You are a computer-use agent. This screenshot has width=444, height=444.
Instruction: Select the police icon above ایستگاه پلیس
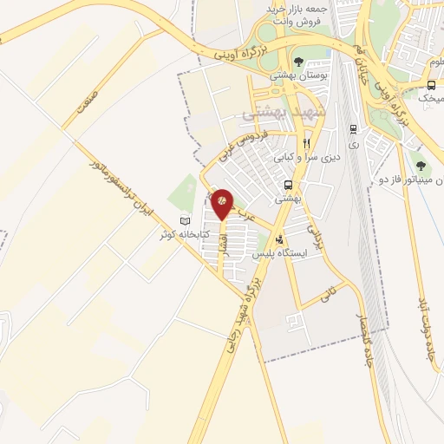point(278,239)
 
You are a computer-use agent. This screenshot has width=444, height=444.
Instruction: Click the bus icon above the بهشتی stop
point(288,186)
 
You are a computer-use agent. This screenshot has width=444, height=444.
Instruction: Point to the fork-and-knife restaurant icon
point(305,143)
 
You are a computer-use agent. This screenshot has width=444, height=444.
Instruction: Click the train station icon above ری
point(353,129)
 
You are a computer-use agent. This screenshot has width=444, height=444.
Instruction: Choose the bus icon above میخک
point(431,85)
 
